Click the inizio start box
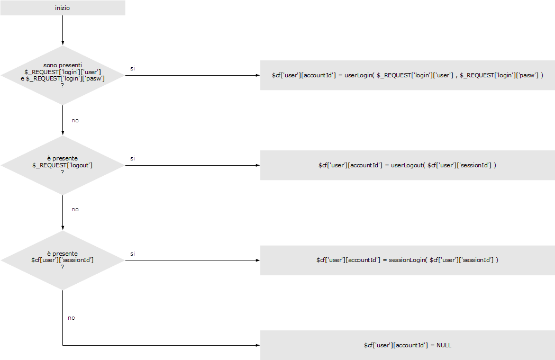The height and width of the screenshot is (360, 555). [x=62, y=8]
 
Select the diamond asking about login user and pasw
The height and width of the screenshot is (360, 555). [x=62, y=75]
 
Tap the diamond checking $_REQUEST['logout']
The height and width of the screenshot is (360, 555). [x=62, y=165]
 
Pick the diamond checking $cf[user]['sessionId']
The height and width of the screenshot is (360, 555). [x=62, y=260]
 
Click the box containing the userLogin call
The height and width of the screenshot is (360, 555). [x=407, y=75]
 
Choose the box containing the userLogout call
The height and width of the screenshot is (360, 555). [x=407, y=165]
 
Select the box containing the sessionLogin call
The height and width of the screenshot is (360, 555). [x=407, y=260]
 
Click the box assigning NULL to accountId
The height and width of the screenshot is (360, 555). [x=407, y=345]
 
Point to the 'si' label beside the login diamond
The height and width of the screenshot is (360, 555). [x=132, y=68]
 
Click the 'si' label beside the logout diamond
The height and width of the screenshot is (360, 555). [x=132, y=158]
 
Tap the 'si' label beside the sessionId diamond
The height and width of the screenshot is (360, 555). [x=132, y=254]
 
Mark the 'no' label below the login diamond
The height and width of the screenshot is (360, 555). [x=75, y=120]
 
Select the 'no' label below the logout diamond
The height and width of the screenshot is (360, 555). [x=75, y=209]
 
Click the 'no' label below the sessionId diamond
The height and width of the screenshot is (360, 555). [x=71, y=318]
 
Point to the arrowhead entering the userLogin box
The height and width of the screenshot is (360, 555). [x=257, y=75]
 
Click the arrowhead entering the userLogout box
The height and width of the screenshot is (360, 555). [x=257, y=165]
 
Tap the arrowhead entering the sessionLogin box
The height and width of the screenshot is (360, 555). [x=257, y=260]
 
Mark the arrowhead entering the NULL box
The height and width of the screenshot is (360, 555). [x=257, y=345]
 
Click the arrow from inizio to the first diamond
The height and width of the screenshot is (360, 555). [x=62, y=30]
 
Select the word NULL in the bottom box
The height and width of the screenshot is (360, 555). [x=444, y=345]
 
